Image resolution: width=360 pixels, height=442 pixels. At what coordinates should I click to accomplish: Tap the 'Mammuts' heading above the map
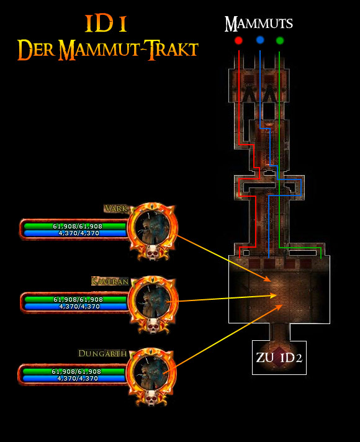point(258,24)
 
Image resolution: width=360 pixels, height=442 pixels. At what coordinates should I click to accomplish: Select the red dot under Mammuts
point(238,41)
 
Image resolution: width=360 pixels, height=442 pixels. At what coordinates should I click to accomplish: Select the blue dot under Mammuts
point(259,41)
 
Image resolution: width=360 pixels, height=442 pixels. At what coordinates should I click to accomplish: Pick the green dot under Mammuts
point(280,41)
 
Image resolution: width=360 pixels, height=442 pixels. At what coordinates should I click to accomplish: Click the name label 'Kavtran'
point(110,281)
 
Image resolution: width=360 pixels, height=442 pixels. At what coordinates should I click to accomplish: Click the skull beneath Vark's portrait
point(152,253)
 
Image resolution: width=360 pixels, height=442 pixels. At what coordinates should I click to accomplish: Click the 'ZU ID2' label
point(279,358)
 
